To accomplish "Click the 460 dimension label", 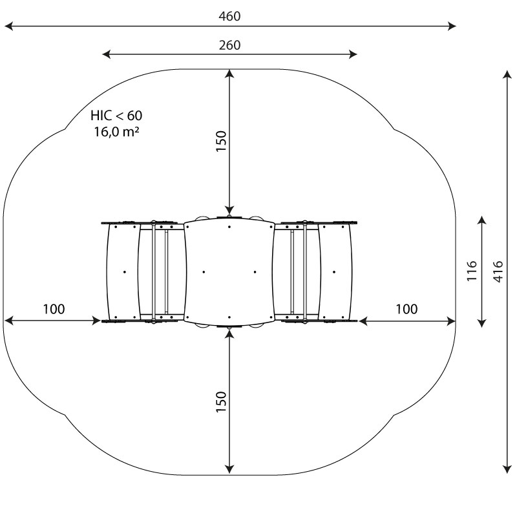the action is tap(229, 16).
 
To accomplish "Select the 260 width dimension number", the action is tap(230, 45).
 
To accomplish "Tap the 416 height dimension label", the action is tap(498, 271).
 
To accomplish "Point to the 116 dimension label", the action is tap(472, 271).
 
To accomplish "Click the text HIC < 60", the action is tap(116, 116).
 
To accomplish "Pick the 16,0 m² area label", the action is tap(116, 132).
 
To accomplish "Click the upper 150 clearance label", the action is tap(221, 141).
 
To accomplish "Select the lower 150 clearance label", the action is tap(221, 401).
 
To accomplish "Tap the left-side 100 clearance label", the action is tap(54, 309).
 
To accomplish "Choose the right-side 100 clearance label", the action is tap(406, 309).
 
